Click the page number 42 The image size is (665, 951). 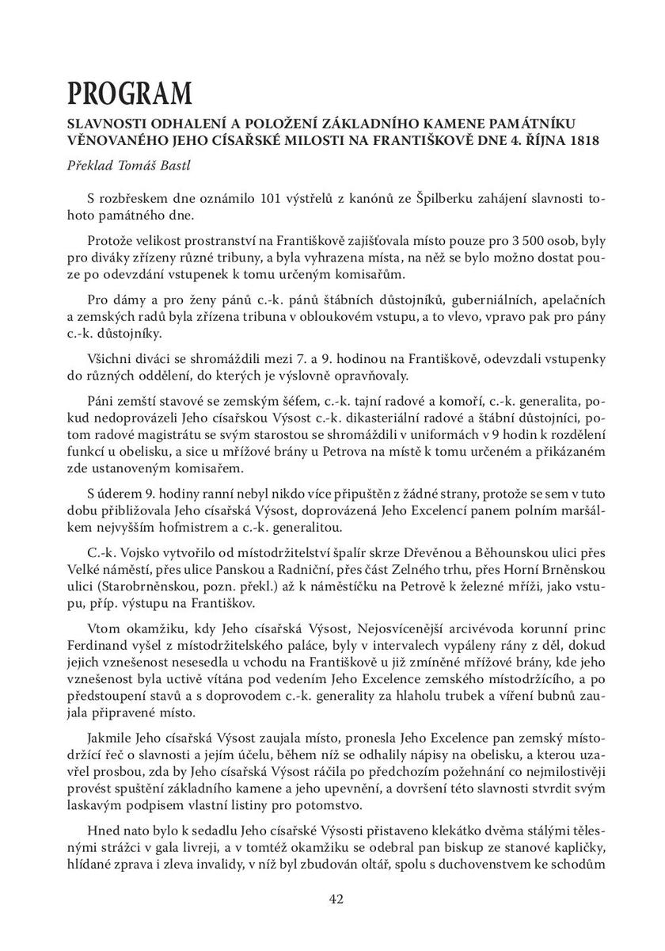tap(336, 899)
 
